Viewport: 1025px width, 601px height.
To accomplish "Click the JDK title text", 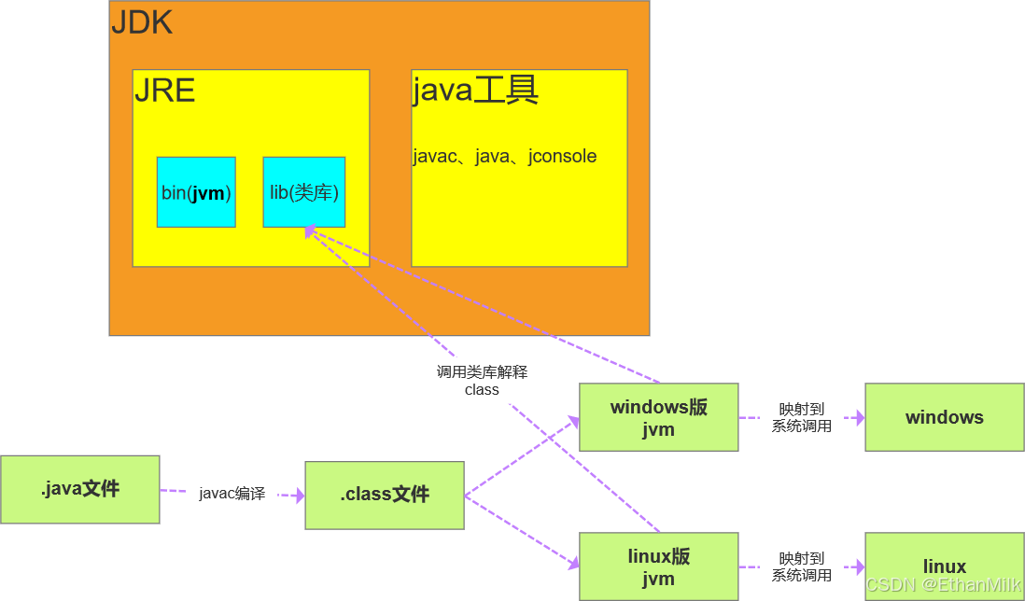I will [x=142, y=22].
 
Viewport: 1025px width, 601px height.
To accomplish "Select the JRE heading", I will [x=164, y=91].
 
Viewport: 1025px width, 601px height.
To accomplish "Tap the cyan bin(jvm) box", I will [x=196, y=192].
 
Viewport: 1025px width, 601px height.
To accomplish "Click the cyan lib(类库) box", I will [x=303, y=192].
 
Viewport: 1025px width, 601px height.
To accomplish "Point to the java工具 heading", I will [x=475, y=91].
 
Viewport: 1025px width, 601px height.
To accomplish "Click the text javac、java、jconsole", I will [x=504, y=156].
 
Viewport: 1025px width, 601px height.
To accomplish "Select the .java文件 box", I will [x=80, y=489].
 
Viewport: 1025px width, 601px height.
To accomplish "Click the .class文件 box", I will [x=385, y=495].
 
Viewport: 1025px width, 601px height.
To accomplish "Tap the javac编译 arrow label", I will [x=232, y=494].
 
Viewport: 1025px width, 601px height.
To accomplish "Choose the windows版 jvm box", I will [x=658, y=417].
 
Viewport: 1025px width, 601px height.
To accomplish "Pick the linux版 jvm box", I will [x=658, y=566].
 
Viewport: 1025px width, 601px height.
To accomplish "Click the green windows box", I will [x=944, y=417].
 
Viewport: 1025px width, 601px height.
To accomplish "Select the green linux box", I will [x=944, y=566].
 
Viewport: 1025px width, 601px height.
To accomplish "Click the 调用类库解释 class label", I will [x=482, y=381].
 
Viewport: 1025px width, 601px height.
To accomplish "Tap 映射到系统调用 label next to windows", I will [x=801, y=417].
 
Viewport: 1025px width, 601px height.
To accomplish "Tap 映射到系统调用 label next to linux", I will [x=801, y=566].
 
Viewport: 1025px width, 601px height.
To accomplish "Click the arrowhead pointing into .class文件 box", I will [x=300, y=496].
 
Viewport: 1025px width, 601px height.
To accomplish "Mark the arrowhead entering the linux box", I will [x=859, y=566].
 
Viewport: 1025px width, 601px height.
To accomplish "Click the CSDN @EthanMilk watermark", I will [x=943, y=585].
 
